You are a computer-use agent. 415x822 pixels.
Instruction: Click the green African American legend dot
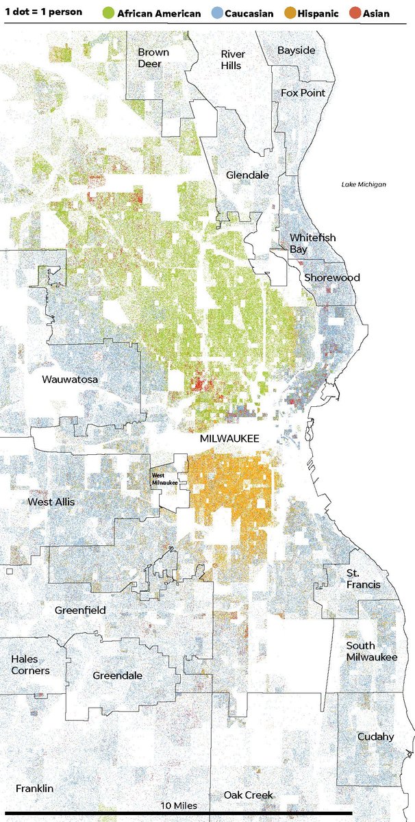point(108,12)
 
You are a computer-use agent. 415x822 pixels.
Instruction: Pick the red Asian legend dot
point(354,12)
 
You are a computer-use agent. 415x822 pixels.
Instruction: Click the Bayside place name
point(297,51)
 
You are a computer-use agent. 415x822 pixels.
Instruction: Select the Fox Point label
point(303,92)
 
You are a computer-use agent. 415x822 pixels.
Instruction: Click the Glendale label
point(247,175)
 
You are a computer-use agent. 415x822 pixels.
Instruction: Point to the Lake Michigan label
point(364,184)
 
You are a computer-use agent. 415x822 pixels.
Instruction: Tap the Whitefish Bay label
point(312,243)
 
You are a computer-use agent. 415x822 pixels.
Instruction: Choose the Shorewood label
point(331,278)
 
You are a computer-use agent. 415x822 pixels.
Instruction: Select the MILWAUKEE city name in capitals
point(229,438)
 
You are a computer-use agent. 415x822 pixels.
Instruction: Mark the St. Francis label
point(363,579)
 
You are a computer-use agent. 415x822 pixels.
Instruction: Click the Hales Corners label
point(30,664)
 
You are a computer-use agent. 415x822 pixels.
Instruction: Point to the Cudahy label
point(375,736)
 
